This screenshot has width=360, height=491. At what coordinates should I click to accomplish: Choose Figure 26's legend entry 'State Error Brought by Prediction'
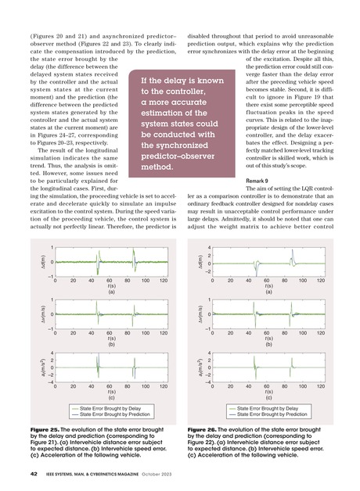[x=275, y=414]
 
